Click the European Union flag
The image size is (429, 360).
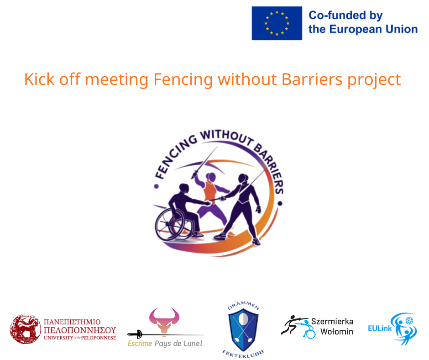point(277,23)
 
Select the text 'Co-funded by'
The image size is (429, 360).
point(345,15)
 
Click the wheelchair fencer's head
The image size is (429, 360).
point(184,188)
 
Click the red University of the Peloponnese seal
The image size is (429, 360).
point(26,328)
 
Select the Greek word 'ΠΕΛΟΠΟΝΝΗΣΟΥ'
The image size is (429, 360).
point(79,330)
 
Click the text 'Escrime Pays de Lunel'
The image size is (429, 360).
point(165,344)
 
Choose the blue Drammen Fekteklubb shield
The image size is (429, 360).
point(243,326)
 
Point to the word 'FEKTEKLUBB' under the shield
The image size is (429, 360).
point(243,353)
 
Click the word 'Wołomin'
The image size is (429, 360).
point(336,331)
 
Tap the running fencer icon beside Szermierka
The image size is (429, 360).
point(290,325)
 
